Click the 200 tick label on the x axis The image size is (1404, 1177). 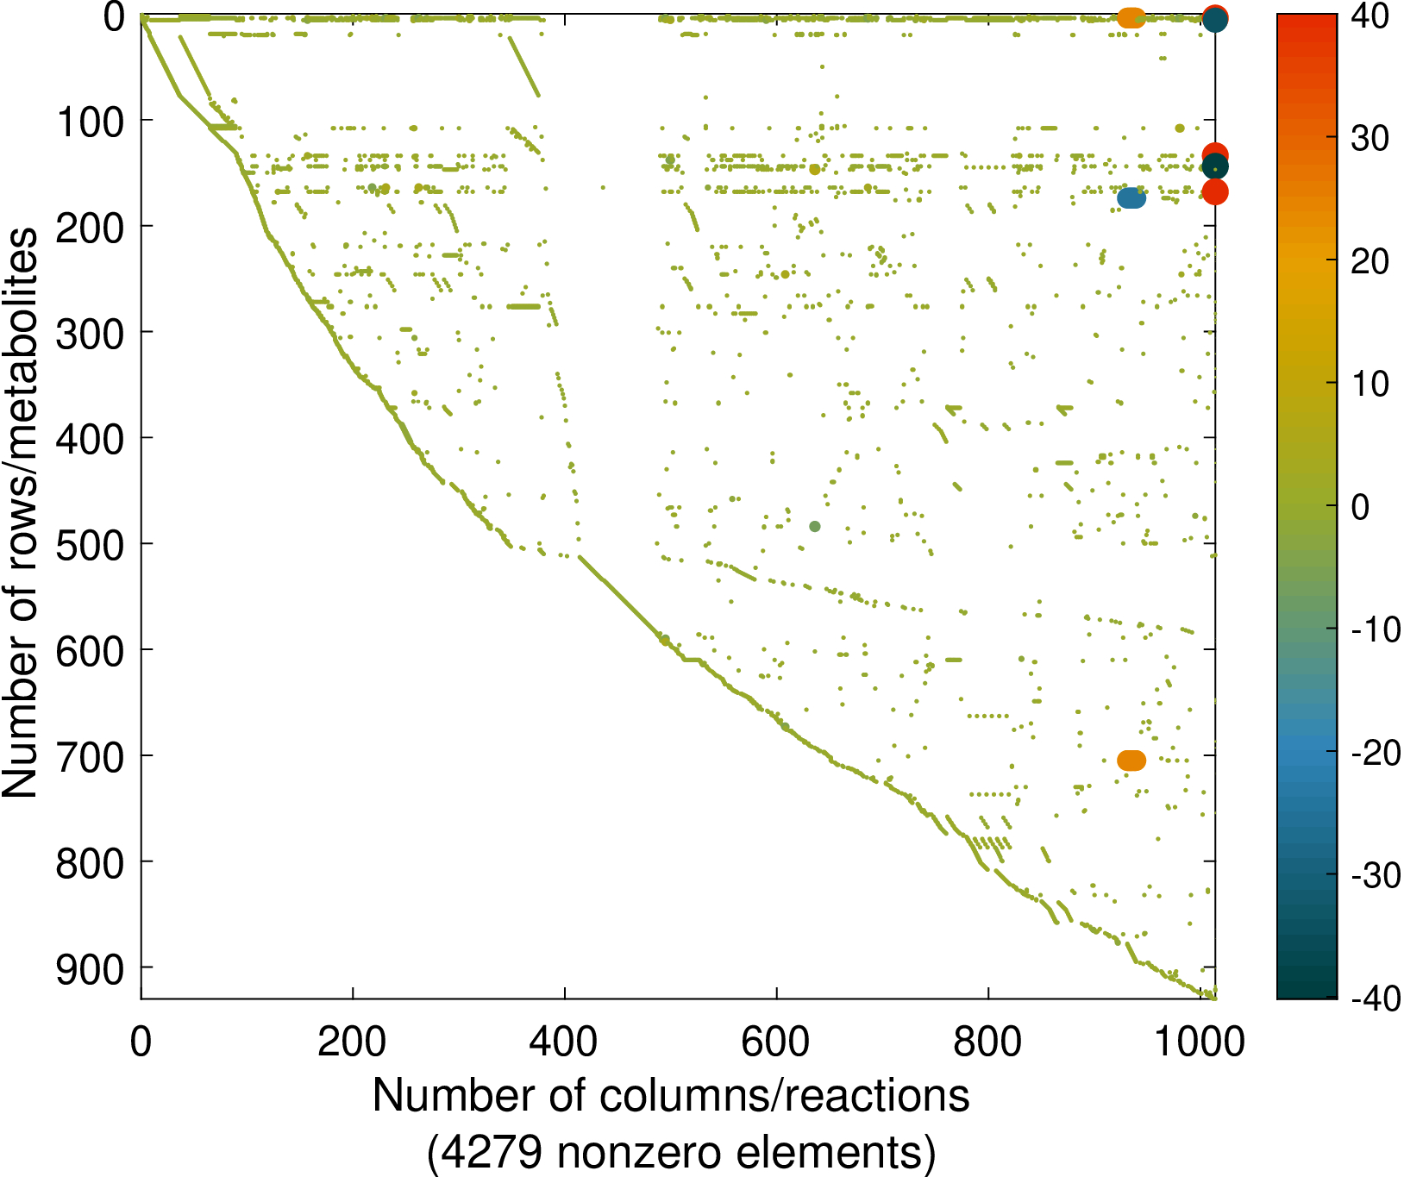click(352, 1042)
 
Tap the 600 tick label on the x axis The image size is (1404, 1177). click(776, 1042)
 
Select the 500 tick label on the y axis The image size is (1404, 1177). click(91, 546)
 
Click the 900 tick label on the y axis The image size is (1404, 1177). click(91, 971)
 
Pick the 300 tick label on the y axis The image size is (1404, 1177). click(91, 334)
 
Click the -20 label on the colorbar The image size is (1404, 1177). click(1375, 753)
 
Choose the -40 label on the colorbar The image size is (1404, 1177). click(1375, 999)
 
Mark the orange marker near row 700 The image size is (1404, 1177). click(1131, 761)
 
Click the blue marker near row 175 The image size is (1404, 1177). click(1131, 198)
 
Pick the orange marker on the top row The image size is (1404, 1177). click(1131, 17)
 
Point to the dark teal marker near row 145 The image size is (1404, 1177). click(1214, 166)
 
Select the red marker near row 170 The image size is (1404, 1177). click(1214, 192)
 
